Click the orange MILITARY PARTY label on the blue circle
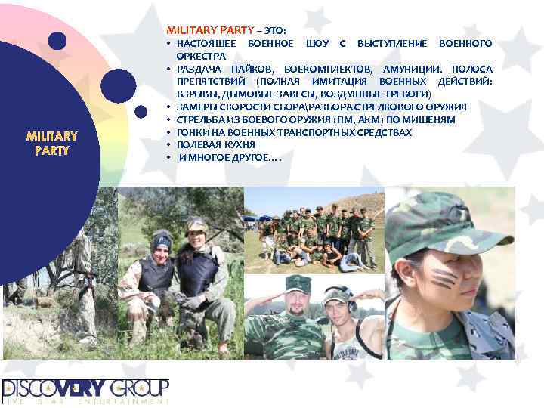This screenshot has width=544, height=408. (51, 143)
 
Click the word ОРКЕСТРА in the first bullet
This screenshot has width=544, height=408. (201, 56)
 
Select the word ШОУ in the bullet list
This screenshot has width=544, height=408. (317, 43)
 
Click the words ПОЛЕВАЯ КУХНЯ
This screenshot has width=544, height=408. (215, 144)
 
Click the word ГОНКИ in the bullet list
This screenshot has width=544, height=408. (193, 132)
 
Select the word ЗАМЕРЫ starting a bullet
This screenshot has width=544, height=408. (196, 107)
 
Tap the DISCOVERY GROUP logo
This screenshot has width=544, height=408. (85, 390)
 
